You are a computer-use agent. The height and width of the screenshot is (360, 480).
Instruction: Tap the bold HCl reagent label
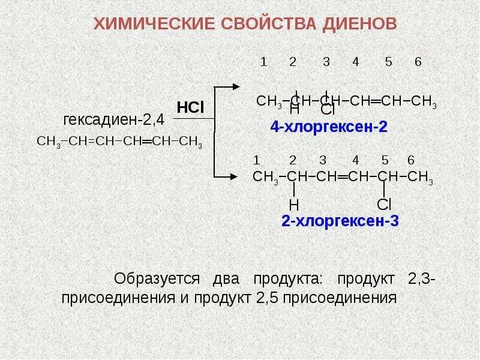click(x=191, y=107)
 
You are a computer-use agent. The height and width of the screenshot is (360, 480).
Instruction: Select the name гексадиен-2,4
click(x=113, y=119)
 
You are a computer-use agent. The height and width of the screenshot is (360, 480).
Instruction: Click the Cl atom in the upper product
click(x=327, y=110)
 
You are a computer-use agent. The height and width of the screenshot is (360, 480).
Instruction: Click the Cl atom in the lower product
click(x=384, y=204)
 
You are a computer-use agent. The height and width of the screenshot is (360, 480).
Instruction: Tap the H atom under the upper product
click(x=294, y=110)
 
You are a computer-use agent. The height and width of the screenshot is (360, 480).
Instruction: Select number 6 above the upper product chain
click(x=418, y=62)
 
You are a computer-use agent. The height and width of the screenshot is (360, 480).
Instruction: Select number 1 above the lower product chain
click(x=257, y=160)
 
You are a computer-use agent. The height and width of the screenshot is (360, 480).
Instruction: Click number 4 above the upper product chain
click(x=356, y=62)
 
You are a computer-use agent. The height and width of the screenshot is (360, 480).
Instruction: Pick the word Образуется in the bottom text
click(x=157, y=279)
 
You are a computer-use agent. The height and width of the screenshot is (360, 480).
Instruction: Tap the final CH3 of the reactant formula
click(x=191, y=142)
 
